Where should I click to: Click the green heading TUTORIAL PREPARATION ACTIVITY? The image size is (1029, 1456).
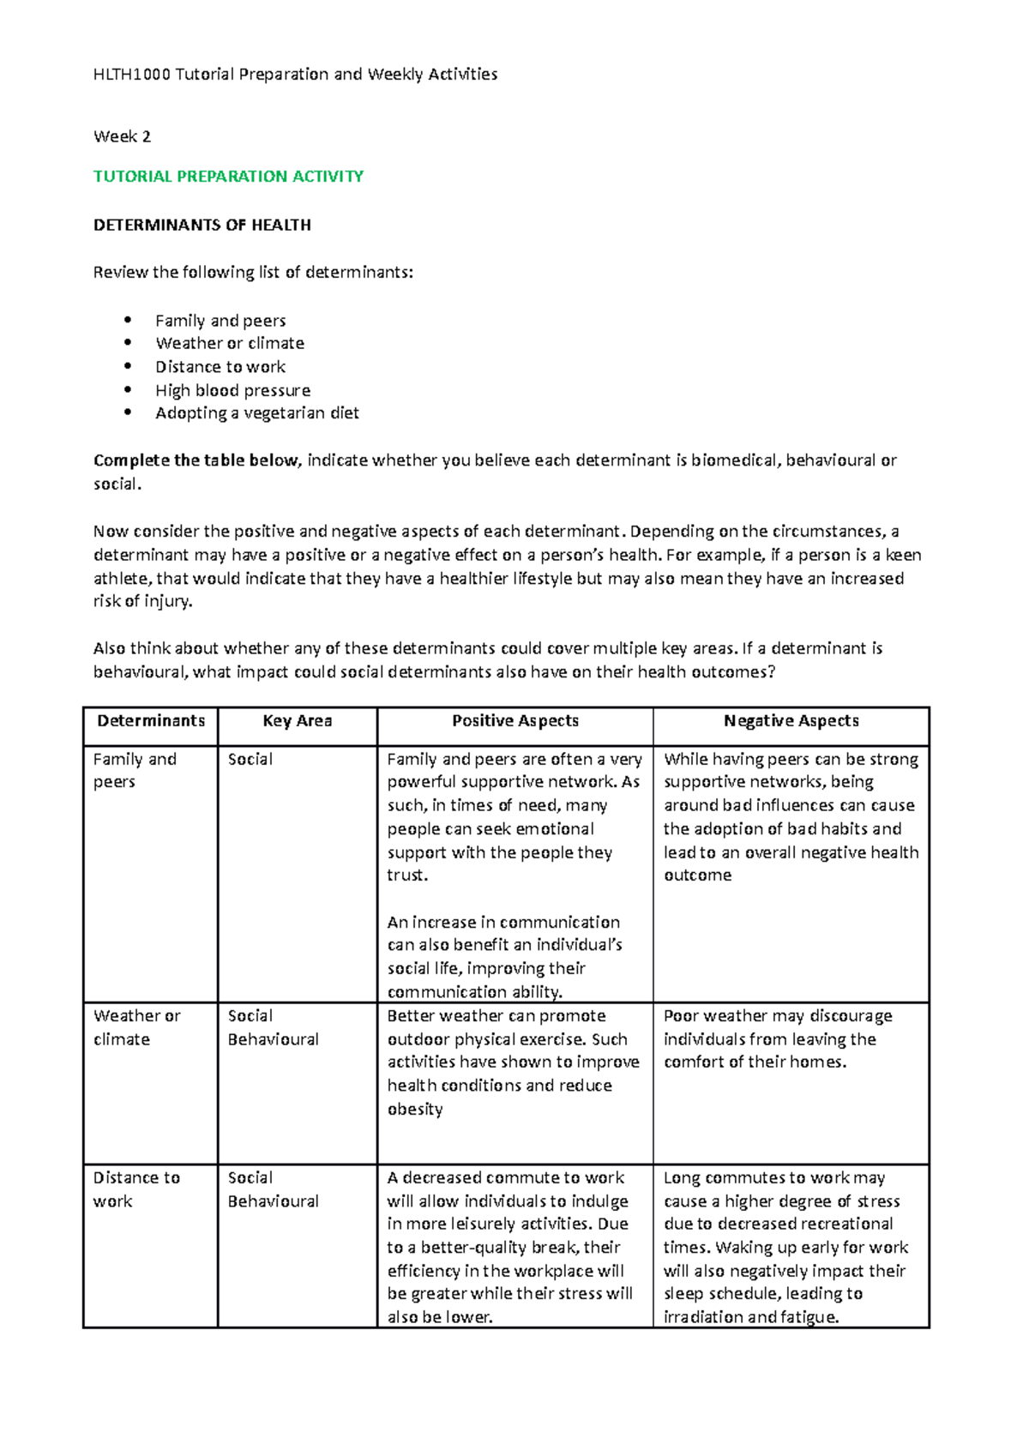(x=228, y=177)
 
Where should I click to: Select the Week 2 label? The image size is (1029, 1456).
(x=122, y=136)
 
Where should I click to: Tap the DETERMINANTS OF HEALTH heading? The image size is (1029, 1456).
(x=202, y=226)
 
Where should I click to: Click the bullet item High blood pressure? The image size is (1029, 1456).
(x=232, y=390)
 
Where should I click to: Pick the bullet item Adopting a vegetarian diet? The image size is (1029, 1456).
(x=256, y=413)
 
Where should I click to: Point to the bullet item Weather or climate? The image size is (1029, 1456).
(x=229, y=343)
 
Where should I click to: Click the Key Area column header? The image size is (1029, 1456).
(x=297, y=721)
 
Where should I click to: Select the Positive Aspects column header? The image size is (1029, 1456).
(x=514, y=721)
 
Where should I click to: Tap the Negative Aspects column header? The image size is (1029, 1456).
(x=791, y=721)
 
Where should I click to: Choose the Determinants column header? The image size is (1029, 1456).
(x=151, y=721)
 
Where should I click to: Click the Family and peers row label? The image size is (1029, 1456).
(x=134, y=770)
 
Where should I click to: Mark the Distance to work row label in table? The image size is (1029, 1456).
(x=135, y=1189)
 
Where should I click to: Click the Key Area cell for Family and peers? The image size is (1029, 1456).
(x=250, y=760)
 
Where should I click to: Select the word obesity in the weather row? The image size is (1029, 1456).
(x=415, y=1110)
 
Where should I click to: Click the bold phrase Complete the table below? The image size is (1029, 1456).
(x=196, y=460)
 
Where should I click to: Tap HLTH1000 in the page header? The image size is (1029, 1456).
(x=132, y=75)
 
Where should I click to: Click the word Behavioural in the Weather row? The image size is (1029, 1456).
(x=273, y=1039)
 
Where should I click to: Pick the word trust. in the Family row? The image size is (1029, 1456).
(x=407, y=875)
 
